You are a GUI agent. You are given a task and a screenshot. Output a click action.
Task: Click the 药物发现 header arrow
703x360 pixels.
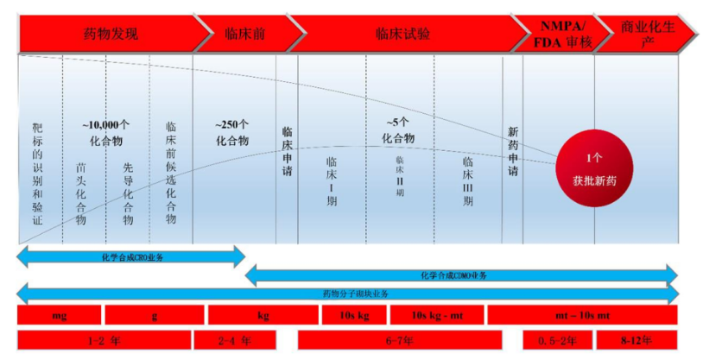tap(110, 35)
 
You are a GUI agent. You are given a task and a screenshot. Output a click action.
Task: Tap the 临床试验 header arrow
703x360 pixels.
tap(402, 35)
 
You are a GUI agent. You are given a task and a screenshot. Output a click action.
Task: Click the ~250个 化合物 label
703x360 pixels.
tap(231, 131)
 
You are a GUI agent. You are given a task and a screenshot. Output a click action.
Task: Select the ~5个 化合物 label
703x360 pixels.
tap(397, 130)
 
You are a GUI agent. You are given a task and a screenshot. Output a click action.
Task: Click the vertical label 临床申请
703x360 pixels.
tap(287, 152)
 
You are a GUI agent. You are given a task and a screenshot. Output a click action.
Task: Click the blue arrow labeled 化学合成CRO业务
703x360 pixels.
tap(130, 256)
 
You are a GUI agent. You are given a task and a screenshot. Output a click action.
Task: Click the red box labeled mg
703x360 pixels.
tap(59, 315)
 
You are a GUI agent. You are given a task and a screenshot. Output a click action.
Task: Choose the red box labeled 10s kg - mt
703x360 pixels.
tap(436, 315)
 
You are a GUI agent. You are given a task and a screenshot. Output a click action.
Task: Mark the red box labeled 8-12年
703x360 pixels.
tap(636, 340)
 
